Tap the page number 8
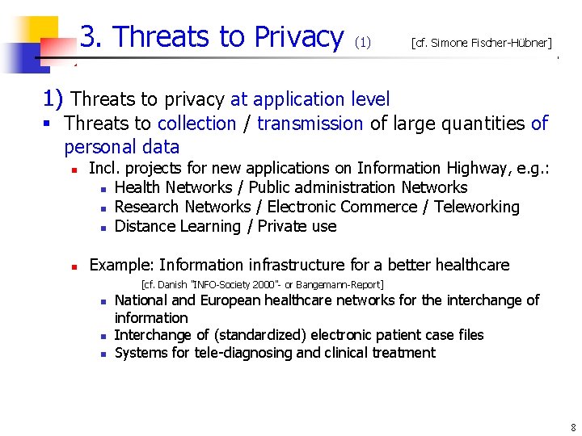pos(572,427)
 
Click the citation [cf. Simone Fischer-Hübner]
pos(481,43)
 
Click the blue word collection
pos(196,124)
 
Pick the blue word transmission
pos(310,124)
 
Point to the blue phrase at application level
pos(310,99)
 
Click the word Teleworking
pos(476,207)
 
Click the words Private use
pos(297,226)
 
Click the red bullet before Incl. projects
pos(73,170)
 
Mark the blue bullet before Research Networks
pos(104,208)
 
